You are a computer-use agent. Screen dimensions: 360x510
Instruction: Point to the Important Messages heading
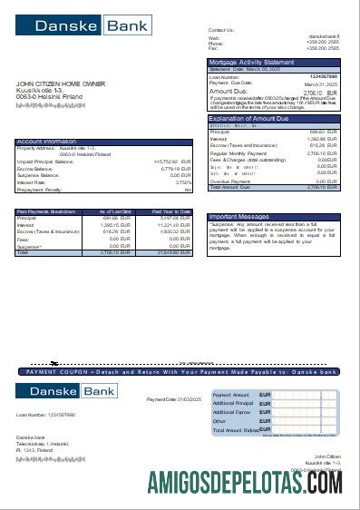(x=238, y=217)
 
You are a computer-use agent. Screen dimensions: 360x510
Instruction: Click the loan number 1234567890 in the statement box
(x=324, y=76)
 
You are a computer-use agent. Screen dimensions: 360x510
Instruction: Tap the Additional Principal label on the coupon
(x=233, y=404)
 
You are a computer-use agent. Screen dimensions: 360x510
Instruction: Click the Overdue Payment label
(x=230, y=181)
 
